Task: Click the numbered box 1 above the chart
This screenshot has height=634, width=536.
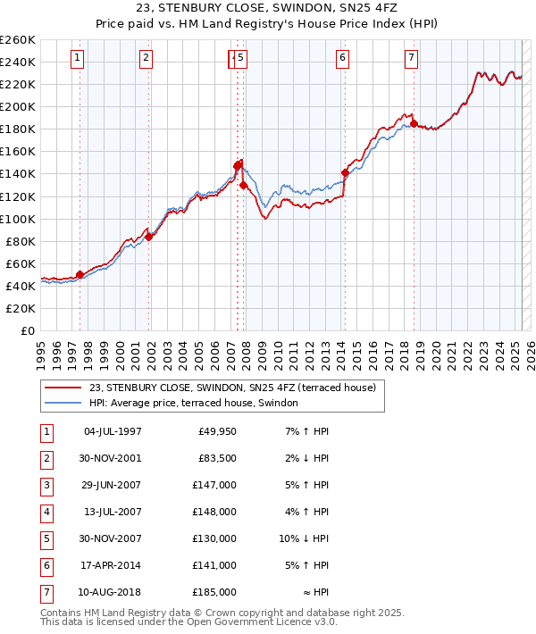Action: (79, 59)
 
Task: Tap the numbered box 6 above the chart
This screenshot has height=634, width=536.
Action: (342, 59)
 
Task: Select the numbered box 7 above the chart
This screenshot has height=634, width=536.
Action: (411, 59)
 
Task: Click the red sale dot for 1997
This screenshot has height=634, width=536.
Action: (80, 274)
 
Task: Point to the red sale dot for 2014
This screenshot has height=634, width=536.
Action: (345, 172)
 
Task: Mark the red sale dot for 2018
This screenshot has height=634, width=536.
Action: (414, 123)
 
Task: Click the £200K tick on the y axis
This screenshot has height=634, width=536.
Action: (18, 106)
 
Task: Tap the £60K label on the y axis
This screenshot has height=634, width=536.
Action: (21, 263)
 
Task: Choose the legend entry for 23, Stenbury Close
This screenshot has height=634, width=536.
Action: (232, 388)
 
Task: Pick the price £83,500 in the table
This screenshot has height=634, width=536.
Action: (217, 459)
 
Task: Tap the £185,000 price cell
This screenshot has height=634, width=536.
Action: (215, 592)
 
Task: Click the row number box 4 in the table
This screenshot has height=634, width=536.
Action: (46, 513)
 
